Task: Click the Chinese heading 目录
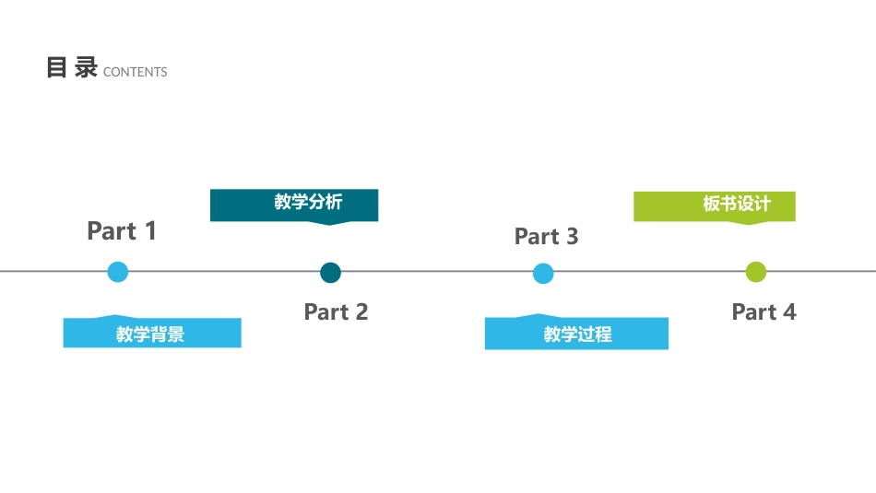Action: click(x=72, y=68)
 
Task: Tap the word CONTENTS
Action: click(x=136, y=72)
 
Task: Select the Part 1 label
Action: click(x=122, y=231)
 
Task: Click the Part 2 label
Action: click(x=336, y=312)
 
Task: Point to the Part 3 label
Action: click(x=546, y=237)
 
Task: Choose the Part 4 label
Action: click(x=764, y=312)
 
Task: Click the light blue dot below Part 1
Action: click(x=118, y=272)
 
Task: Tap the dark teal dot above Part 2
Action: click(x=330, y=273)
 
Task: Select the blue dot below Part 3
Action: click(x=543, y=274)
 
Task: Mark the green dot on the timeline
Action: click(x=756, y=272)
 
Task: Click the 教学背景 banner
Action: click(x=151, y=334)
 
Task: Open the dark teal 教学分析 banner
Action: click(x=294, y=204)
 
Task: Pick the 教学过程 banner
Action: click(x=576, y=334)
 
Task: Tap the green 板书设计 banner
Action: click(x=715, y=205)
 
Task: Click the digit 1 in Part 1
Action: click(x=149, y=231)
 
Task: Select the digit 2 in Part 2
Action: click(x=361, y=312)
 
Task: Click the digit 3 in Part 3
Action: click(x=572, y=237)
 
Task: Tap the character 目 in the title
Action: click(x=57, y=68)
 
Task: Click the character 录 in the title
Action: click(x=86, y=68)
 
